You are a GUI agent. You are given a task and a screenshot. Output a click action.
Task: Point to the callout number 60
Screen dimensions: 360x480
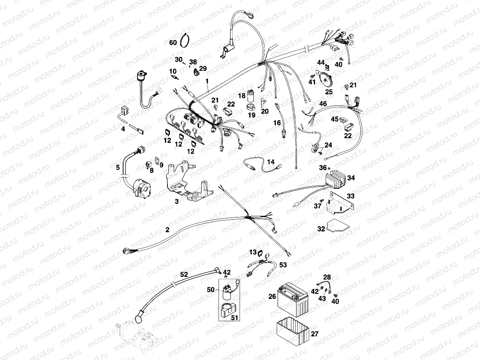(173, 43)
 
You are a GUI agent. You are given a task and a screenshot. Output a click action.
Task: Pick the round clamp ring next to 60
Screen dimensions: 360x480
(185, 41)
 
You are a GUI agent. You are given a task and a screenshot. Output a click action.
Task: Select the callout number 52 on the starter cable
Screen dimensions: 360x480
(184, 274)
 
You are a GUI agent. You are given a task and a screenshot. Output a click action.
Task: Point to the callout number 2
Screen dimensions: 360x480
(167, 230)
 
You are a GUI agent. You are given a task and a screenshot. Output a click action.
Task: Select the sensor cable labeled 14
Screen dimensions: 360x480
(259, 166)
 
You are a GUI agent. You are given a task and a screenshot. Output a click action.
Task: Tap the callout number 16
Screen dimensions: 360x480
(277, 123)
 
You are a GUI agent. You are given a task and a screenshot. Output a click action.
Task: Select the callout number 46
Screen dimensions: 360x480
(323, 104)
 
